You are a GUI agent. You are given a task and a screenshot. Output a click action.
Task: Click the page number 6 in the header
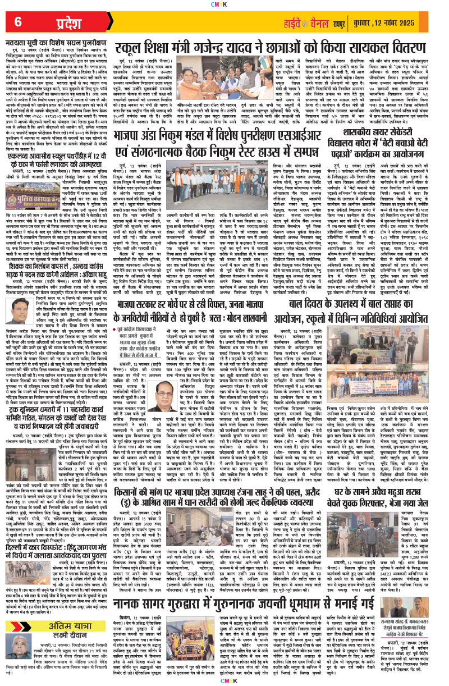[x=18, y=22]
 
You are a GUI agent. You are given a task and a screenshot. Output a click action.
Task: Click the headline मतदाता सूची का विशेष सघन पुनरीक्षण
[x=70, y=40]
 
